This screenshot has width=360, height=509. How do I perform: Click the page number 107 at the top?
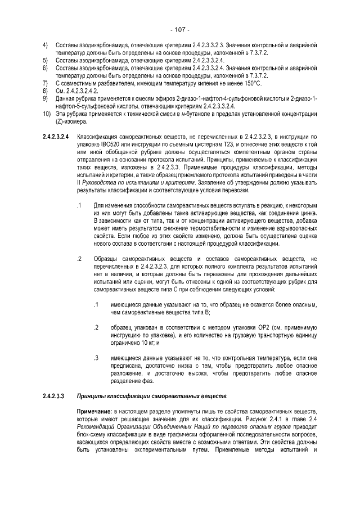click(x=179, y=30)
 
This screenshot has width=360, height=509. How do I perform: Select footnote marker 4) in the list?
click(x=46, y=44)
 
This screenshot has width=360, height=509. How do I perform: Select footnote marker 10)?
click(x=47, y=114)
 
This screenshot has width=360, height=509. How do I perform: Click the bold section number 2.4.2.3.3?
click(x=54, y=395)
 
